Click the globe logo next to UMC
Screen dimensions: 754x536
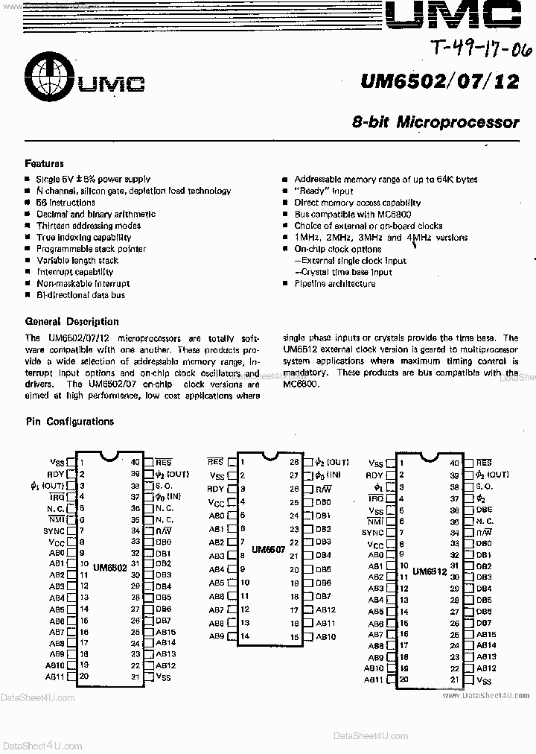pos(47,75)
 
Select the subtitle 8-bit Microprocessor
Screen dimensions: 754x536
pos(435,121)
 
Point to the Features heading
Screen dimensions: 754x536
pos(45,163)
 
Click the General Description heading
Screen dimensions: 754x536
pos(71,322)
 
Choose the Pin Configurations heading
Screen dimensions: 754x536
pos(69,422)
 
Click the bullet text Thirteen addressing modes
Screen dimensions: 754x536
pos(89,226)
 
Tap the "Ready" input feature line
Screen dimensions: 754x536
pos(324,191)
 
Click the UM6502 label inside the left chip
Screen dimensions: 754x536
pos(109,566)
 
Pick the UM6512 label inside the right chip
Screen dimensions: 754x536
pos(429,571)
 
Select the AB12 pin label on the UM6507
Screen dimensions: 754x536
pos(325,609)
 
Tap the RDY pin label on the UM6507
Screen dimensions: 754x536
pos(215,489)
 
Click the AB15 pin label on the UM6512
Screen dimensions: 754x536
pos(486,635)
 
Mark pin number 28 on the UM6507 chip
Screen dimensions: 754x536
pos(294,462)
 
